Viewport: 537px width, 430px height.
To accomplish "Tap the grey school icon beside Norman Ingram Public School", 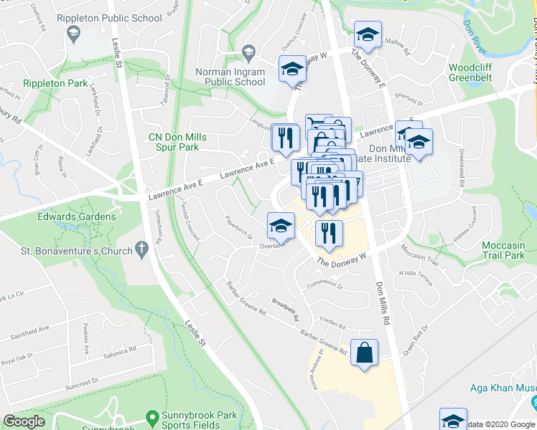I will point(248,52).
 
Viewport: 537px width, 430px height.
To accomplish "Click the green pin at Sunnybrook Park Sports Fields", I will point(151,416).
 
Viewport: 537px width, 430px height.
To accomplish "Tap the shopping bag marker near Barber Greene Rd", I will point(365,353).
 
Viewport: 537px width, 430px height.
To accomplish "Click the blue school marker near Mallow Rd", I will point(368,35).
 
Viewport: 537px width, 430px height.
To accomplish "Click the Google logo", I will point(24,421).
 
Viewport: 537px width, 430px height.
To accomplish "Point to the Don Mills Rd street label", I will point(381,302).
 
